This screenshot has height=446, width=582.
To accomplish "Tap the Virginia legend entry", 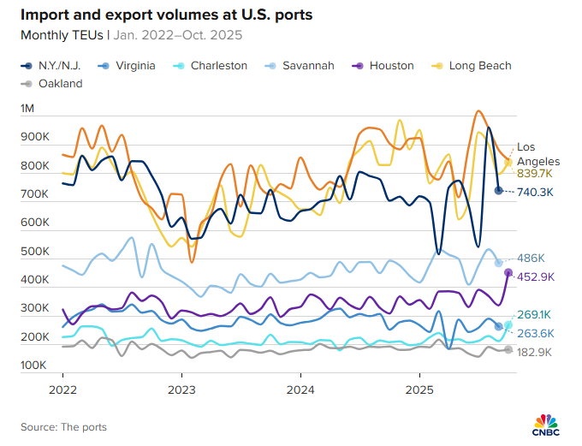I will pyautogui.click(x=128, y=65).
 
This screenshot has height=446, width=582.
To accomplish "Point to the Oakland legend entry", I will pyautogui.click(x=52, y=84).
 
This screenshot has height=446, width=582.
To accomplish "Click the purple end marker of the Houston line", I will pyautogui.click(x=508, y=272).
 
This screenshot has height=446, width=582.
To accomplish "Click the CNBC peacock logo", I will pyautogui.click(x=546, y=424).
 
